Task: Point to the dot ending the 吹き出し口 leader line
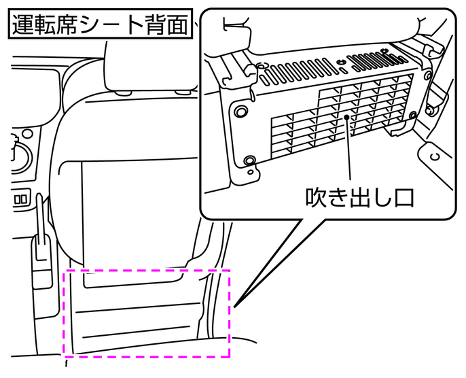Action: click(x=346, y=118)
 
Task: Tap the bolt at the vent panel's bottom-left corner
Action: click(x=250, y=160)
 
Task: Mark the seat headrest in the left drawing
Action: click(x=145, y=65)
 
